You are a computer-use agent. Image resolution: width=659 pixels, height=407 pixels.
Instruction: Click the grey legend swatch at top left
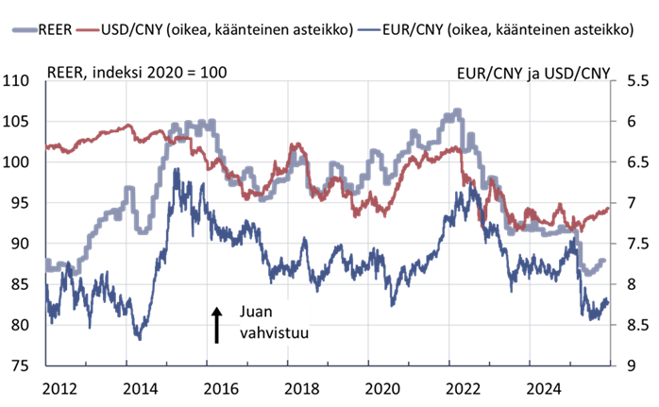point(25,30)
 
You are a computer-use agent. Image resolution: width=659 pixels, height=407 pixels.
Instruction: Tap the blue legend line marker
point(369,30)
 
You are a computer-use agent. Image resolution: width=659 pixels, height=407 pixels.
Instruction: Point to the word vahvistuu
point(275,332)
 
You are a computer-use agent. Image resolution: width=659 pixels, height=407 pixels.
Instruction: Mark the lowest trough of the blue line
point(140,338)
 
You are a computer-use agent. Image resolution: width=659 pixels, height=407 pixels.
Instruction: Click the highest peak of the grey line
point(458,110)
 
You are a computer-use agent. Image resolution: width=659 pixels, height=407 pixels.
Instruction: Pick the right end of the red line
point(609,209)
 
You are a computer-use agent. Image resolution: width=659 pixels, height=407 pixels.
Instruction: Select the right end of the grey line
point(604,261)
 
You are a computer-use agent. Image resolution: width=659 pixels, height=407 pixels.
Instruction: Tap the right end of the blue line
point(608,300)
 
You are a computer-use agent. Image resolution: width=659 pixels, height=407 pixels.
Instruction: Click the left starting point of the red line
point(46,147)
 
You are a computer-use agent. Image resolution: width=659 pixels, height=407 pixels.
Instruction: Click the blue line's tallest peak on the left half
point(176,169)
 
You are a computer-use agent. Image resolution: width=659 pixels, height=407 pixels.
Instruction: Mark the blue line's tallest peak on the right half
point(458,189)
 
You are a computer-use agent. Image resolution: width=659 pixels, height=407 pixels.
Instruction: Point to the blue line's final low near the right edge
point(593,320)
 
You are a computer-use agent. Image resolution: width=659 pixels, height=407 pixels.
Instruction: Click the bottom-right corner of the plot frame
point(612,365)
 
